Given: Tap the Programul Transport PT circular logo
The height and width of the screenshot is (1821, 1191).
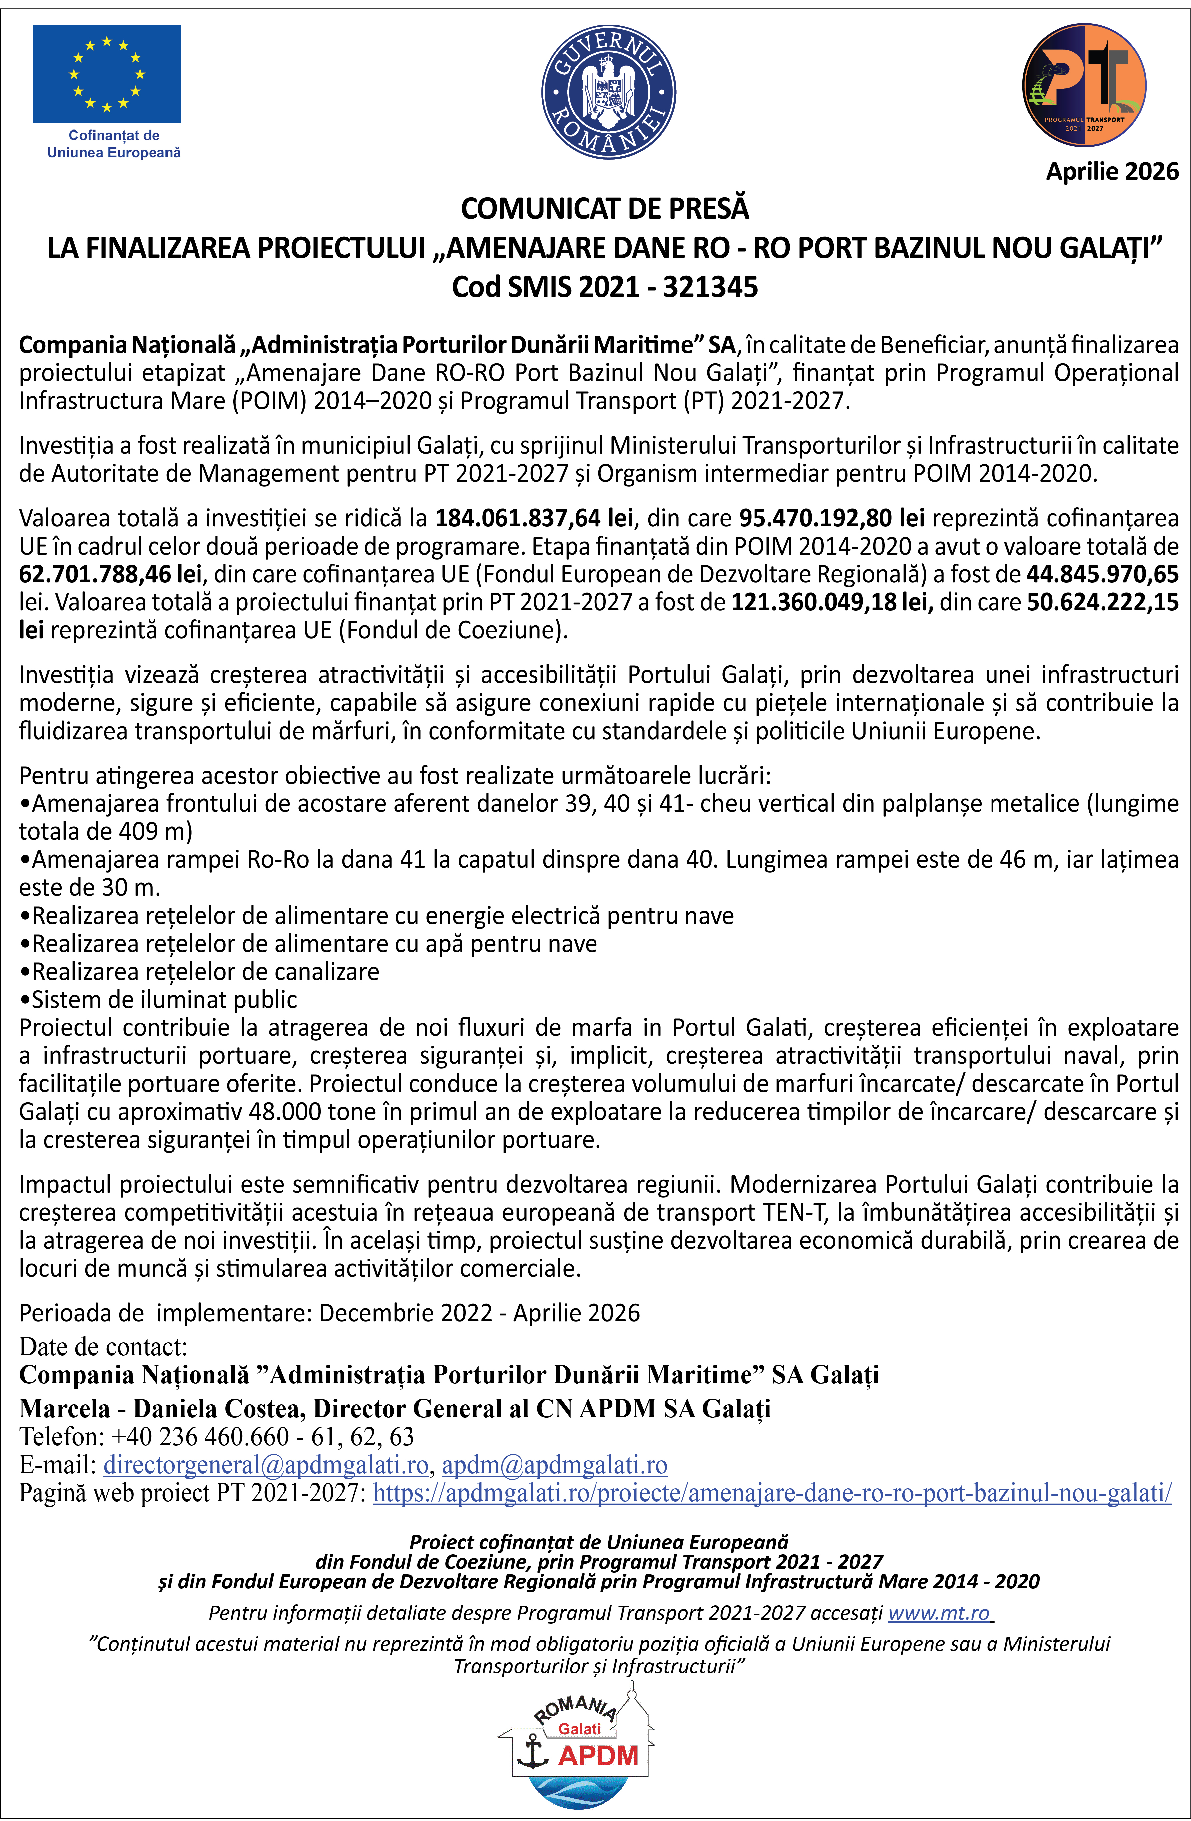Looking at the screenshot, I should click(x=1084, y=85).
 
